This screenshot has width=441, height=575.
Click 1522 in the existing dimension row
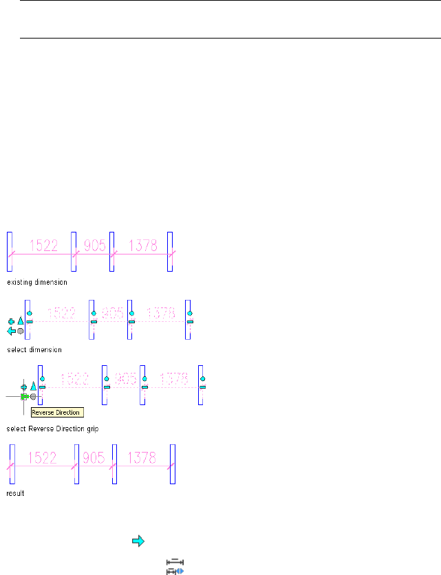click(45, 245)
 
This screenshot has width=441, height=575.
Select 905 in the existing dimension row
click(93, 245)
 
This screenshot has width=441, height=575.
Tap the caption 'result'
click(16, 493)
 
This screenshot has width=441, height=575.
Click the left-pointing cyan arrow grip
click(12, 331)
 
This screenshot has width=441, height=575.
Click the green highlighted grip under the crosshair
click(25, 397)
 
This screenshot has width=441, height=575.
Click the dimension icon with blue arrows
click(175, 567)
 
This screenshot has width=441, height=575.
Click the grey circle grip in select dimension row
click(21, 331)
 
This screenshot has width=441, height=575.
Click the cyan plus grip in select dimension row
click(12, 321)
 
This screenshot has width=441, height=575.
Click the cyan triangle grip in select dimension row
click(21, 321)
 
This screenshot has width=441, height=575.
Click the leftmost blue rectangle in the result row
click(12, 465)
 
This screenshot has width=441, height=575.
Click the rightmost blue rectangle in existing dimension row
click(170, 252)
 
